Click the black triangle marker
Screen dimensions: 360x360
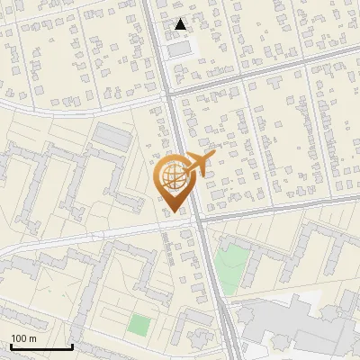click(x=181, y=24)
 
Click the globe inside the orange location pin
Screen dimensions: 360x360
click(x=172, y=176)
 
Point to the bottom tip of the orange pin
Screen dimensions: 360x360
click(x=174, y=212)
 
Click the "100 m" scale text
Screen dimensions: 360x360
click(x=24, y=338)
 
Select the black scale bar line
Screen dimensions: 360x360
click(x=41, y=347)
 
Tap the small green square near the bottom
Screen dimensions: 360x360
click(x=138, y=324)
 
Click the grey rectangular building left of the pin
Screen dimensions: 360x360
click(x=112, y=137)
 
